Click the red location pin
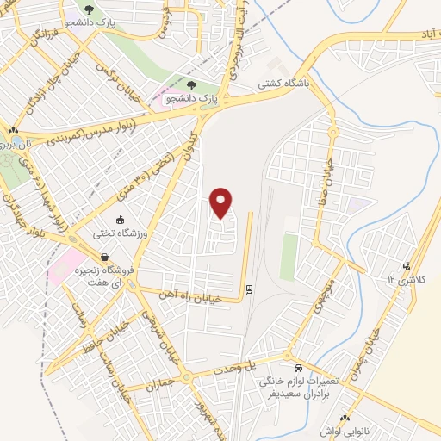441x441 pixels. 221,202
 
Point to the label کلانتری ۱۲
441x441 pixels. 401,281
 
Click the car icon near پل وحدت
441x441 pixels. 296,364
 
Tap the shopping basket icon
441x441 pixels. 103,258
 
